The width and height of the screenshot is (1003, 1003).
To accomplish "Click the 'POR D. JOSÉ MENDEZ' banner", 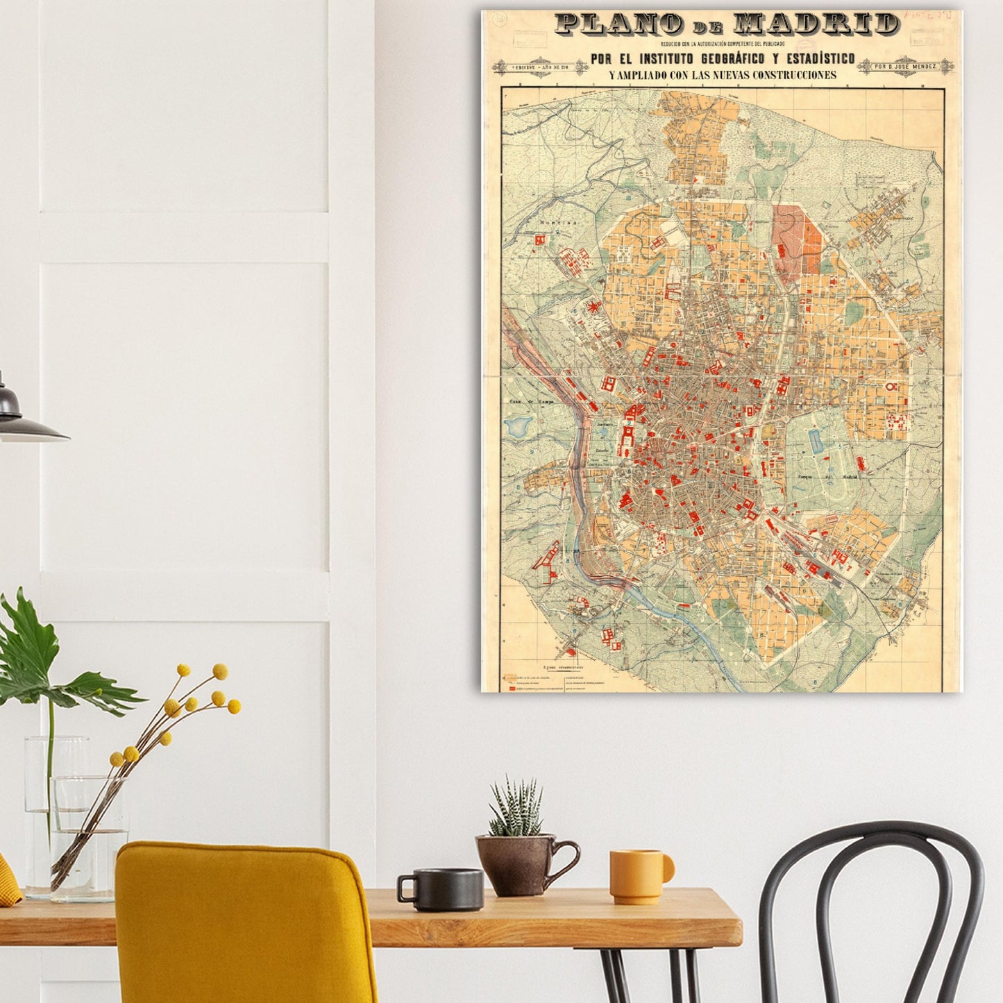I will (905, 66).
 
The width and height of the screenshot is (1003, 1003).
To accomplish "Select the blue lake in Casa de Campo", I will (517, 425).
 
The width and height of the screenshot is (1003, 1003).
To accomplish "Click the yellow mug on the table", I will (638, 876).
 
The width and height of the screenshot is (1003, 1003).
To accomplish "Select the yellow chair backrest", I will (243, 916).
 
